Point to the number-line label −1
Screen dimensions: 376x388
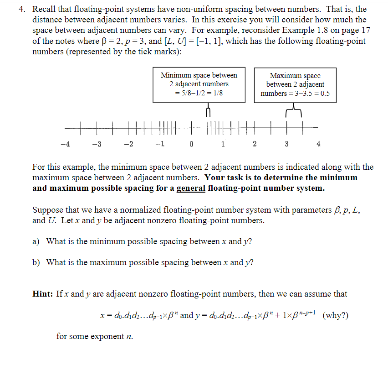pyautogui.click(x=159, y=144)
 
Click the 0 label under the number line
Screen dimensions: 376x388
pyautogui.click(x=191, y=144)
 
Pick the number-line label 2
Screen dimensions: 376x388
pyautogui.click(x=254, y=144)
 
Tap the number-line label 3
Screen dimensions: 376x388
pyautogui.click(x=286, y=144)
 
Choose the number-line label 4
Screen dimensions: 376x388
pyautogui.click(x=318, y=144)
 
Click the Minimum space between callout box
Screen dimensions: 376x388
pyautogui.click(x=199, y=84)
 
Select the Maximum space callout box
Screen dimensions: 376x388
pyautogui.click(x=295, y=84)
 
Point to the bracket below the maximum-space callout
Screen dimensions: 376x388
pyautogui.click(x=294, y=111)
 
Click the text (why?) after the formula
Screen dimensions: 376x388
pyautogui.click(x=335, y=315)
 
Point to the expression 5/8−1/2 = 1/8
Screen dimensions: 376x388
pyautogui.click(x=199, y=93)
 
